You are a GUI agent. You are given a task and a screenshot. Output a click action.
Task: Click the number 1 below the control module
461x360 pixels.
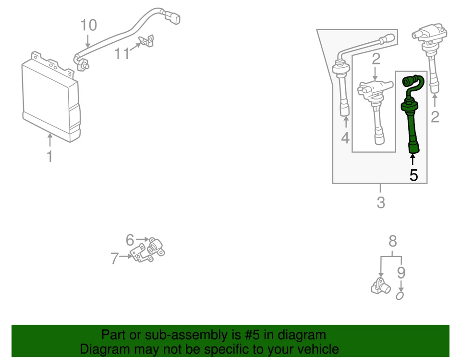click(x=49, y=156)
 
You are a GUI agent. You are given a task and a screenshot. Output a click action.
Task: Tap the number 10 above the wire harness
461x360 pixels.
click(x=88, y=25)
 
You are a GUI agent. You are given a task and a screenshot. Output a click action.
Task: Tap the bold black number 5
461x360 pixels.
click(x=413, y=175)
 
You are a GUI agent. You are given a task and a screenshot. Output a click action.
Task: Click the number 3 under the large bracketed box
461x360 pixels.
click(x=380, y=203)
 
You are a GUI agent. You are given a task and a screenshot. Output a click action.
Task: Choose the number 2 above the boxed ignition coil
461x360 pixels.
click(x=376, y=59)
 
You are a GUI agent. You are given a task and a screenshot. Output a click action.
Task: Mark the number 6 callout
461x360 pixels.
click(x=130, y=239)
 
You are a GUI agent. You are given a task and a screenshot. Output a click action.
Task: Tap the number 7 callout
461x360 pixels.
click(x=114, y=259)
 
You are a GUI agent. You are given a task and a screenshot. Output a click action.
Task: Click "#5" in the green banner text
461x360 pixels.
click(x=228, y=335)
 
